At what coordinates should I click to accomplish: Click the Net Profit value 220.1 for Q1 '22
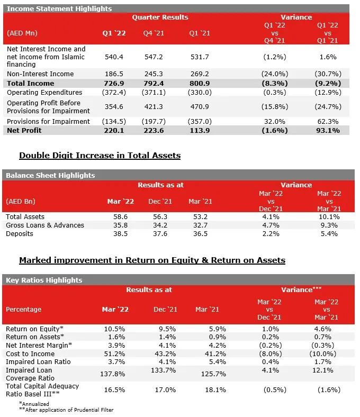114,131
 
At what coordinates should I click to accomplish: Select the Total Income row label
30,84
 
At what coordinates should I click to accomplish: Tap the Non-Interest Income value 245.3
154,74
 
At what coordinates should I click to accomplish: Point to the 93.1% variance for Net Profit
328,131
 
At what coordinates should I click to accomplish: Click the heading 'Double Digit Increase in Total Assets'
100,155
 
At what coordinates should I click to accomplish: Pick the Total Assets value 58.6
121,217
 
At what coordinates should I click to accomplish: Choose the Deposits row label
20,234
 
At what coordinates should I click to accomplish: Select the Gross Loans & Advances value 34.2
160,225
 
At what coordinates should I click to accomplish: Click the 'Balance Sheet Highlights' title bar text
50,176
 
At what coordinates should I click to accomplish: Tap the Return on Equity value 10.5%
114,329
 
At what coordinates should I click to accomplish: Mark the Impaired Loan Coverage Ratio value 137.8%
113,374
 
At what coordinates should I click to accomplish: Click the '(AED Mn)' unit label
22,33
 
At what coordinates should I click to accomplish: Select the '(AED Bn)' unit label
21,201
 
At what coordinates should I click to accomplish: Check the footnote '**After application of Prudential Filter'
66,410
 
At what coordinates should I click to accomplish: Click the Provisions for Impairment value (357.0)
200,122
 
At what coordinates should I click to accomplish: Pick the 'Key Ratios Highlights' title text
44,280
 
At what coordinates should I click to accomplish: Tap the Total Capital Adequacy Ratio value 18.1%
215,390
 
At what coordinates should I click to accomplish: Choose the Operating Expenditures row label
44,93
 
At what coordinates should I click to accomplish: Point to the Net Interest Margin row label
39,346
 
